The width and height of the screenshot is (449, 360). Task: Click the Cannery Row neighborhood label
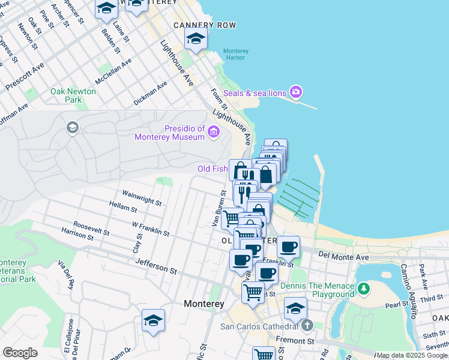tap(204, 25)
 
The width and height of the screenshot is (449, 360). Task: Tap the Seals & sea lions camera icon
tap(295, 92)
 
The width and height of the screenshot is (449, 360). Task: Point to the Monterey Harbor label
tap(236, 55)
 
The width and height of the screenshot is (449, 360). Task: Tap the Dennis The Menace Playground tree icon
tap(363, 289)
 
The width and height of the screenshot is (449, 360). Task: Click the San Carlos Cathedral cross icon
tap(307, 326)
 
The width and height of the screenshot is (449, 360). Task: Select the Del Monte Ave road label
tap(343, 257)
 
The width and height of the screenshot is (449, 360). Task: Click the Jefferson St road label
tap(156, 266)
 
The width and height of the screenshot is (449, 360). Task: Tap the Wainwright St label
tap(142, 199)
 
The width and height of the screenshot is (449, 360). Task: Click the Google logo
tap(20, 353)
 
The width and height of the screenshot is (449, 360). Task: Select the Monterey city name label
tap(204, 304)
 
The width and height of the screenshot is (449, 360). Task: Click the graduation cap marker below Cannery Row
tap(196, 38)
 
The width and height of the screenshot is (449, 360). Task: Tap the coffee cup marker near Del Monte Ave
tap(288, 247)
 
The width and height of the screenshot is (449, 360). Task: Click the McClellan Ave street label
tap(113, 72)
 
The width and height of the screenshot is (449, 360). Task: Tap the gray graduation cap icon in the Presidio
tap(72, 127)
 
